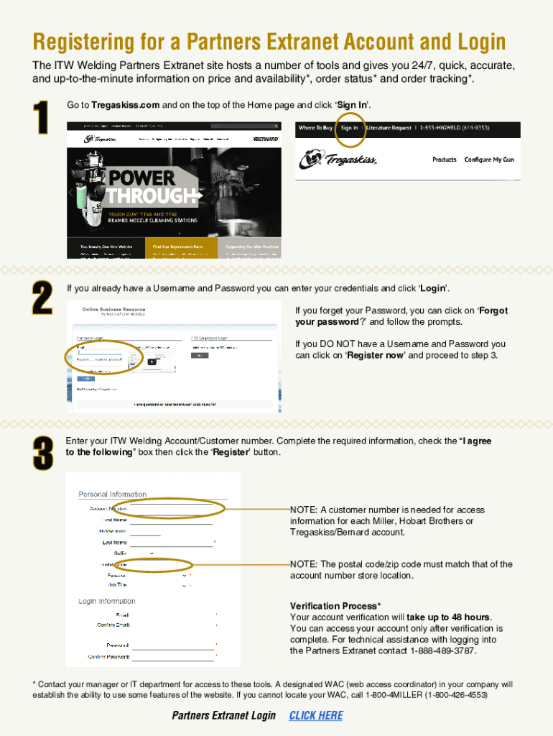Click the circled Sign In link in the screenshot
tap(350, 128)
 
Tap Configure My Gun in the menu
tap(489, 160)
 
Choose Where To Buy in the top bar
tap(315, 128)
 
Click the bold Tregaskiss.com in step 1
tap(125, 105)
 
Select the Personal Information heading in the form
tap(112, 494)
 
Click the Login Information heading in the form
tap(107, 601)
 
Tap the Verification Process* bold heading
tap(335, 606)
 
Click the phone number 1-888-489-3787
tap(443, 651)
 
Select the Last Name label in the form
tap(115, 542)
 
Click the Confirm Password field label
tap(108, 656)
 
